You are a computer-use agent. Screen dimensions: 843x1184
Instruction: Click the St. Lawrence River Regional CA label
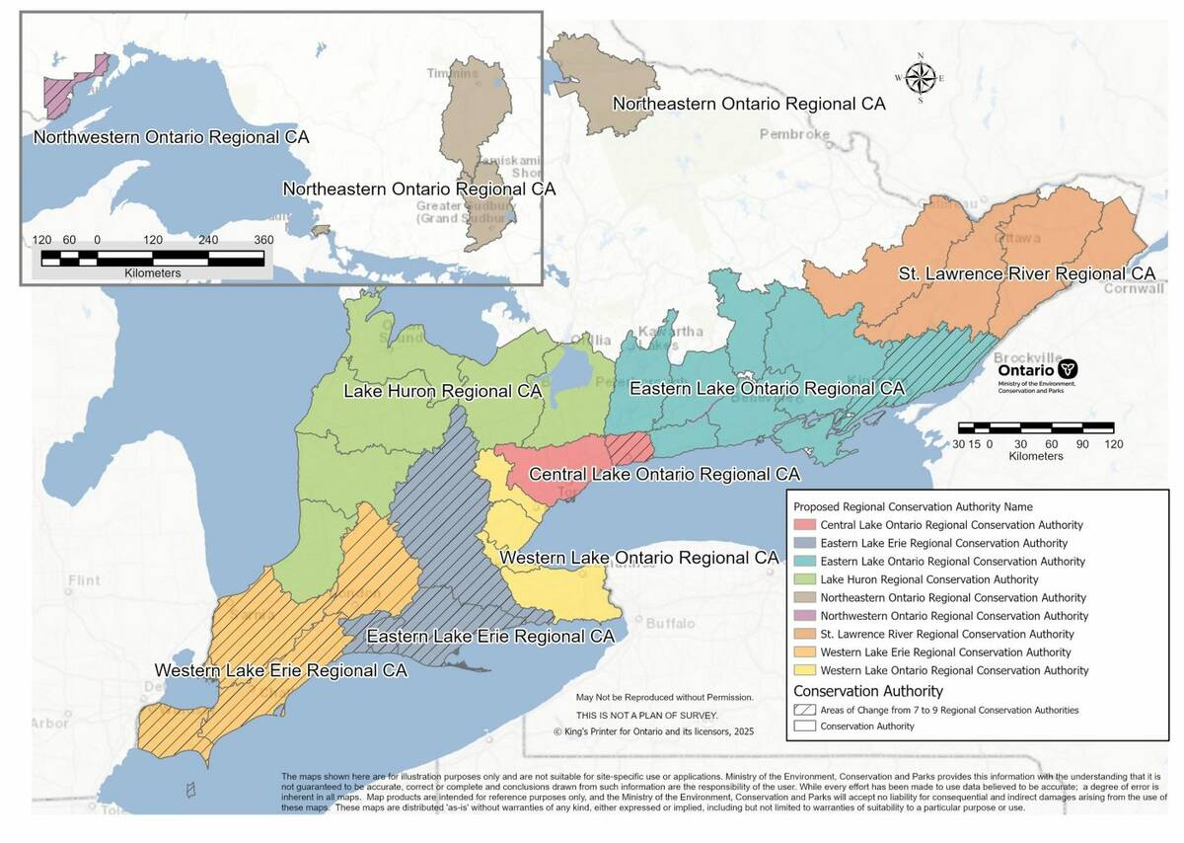1026,273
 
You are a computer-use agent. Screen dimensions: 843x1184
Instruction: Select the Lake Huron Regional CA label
443,391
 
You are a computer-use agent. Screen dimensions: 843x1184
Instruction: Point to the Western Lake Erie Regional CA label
280,670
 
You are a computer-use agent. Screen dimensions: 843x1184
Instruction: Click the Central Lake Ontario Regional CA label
664,475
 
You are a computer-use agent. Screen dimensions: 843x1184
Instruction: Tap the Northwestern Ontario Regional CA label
171,137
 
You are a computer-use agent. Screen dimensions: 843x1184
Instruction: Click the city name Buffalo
670,624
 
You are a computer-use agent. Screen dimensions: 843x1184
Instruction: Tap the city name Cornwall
1134,288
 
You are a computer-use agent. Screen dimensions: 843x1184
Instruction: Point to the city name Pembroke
794,134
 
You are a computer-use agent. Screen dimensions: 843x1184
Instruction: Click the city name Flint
84,581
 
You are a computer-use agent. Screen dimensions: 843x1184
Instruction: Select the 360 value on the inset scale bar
262,240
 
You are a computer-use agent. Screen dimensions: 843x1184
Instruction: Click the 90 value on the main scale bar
1079,443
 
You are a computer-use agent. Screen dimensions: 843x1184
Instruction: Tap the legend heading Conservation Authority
868,691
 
